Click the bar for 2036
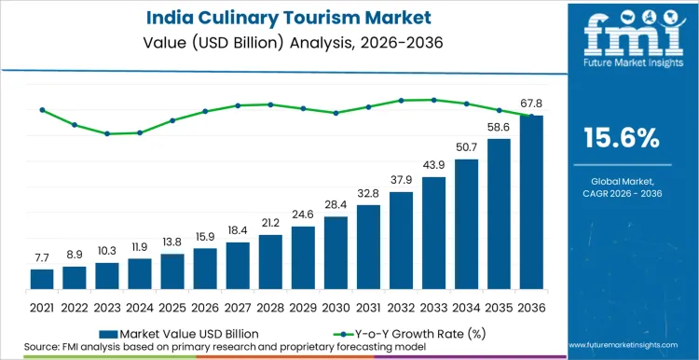(x=531, y=202)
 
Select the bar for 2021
(x=42, y=279)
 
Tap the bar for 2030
(x=336, y=253)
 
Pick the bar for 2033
(x=433, y=233)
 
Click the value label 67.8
(x=531, y=104)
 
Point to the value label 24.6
(x=303, y=215)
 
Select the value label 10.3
(x=107, y=251)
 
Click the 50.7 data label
(x=466, y=147)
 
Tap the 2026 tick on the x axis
(x=205, y=305)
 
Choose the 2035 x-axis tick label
(x=499, y=305)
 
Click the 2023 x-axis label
(x=107, y=305)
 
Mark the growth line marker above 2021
(x=42, y=110)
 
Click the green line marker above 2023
(x=107, y=133)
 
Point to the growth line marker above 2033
(x=433, y=100)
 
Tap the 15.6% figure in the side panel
(x=621, y=139)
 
